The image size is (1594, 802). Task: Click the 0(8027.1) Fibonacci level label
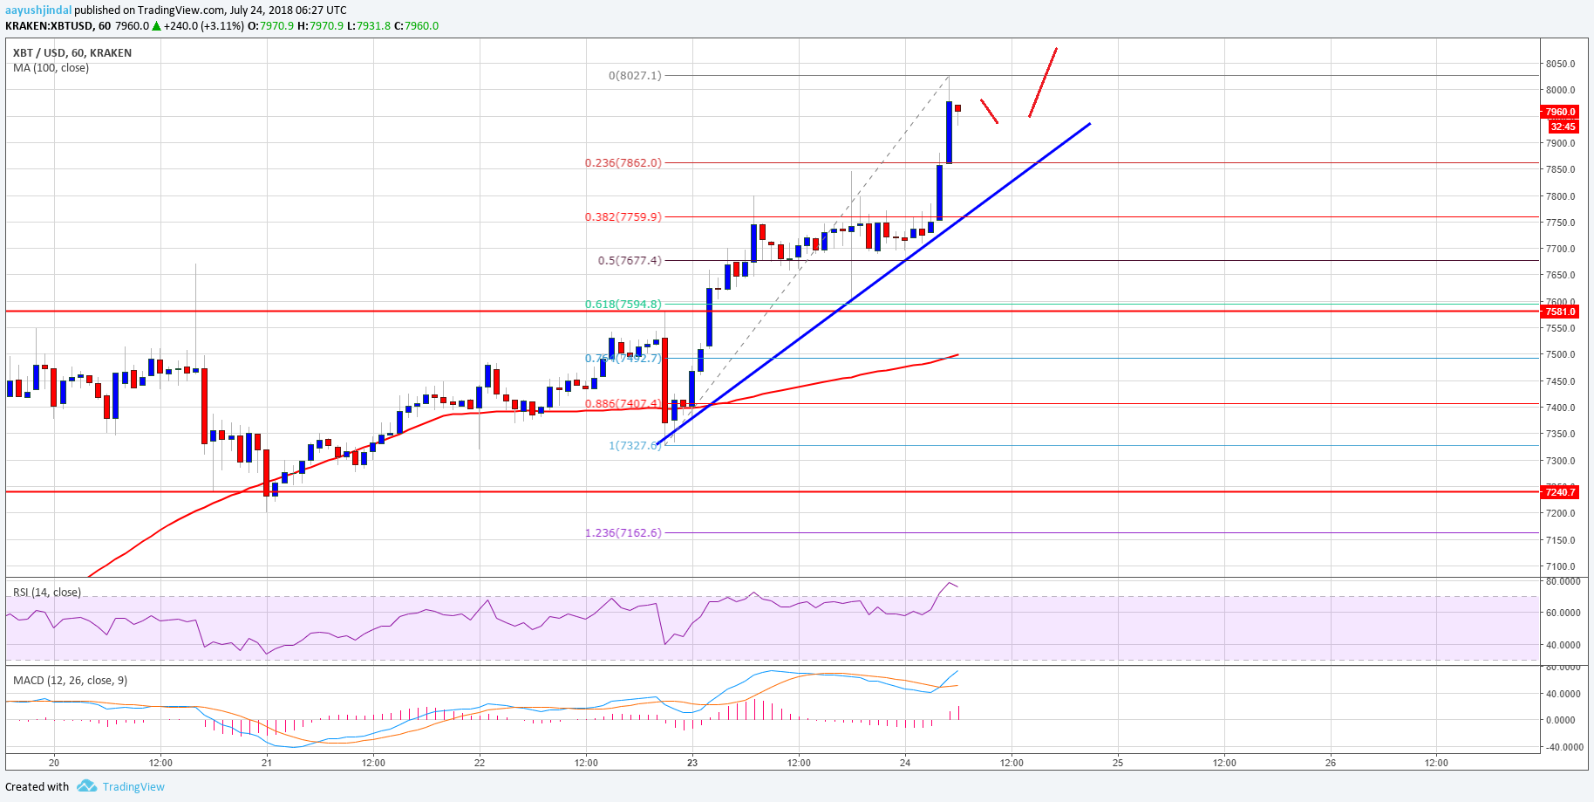point(635,76)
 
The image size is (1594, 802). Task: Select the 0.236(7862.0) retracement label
point(623,162)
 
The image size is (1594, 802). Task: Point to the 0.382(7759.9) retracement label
point(623,216)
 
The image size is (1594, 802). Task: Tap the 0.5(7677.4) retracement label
point(629,260)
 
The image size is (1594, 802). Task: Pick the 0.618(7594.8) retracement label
point(623,304)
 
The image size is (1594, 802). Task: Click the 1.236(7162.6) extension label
point(623,532)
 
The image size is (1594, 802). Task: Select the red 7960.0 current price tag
point(1560,112)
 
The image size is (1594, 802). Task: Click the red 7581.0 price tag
point(1560,312)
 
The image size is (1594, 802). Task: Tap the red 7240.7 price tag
point(1560,492)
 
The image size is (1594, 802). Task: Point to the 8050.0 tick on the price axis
point(1560,64)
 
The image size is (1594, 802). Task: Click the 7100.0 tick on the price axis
point(1560,566)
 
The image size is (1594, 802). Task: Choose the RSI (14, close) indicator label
point(47,592)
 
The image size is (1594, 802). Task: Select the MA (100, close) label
point(51,67)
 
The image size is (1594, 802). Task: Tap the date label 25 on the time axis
point(1118,763)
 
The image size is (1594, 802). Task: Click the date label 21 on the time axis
point(267,763)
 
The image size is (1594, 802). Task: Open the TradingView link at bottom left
point(133,786)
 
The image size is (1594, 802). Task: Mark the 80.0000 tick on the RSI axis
point(1563,581)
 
